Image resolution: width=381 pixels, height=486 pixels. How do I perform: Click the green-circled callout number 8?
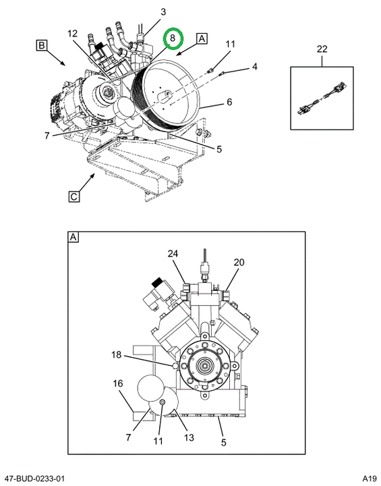tap(173, 38)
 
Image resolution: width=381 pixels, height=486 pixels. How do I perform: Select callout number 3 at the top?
tap(163, 12)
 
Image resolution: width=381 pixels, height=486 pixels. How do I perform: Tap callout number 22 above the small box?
tap(322, 49)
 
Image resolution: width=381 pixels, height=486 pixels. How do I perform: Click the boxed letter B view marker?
tap(42, 46)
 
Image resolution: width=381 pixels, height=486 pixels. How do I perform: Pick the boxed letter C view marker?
tap(74, 196)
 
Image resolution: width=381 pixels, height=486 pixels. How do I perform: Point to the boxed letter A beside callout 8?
tap(202, 38)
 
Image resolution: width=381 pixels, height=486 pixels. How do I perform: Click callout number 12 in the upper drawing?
tap(72, 34)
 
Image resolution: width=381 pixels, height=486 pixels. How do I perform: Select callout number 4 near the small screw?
tap(254, 67)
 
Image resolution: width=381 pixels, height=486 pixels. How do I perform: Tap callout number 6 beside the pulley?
tap(229, 102)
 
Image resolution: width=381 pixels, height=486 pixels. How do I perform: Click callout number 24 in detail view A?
tap(173, 254)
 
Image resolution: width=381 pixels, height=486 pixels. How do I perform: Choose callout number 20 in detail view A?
tap(239, 263)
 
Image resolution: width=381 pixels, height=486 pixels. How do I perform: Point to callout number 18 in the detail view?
tap(116, 354)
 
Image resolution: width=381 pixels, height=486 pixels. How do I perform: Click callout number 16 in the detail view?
tap(118, 383)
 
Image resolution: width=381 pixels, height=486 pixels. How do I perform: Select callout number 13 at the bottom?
tap(189, 437)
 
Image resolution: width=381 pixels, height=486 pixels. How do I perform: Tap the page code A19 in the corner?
tap(370, 478)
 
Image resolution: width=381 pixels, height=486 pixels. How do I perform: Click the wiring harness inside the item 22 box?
tap(322, 98)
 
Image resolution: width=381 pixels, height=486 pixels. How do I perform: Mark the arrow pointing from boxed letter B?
tap(57, 57)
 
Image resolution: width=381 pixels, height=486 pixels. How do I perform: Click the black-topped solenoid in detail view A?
tap(162, 294)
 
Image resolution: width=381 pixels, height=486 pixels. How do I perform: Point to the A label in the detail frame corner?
tap(74, 238)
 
